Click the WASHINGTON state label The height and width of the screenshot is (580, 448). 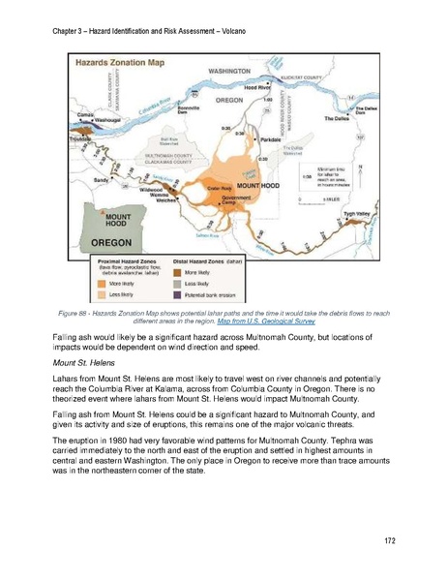tap(229, 72)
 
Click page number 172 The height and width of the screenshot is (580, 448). tap(390, 538)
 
